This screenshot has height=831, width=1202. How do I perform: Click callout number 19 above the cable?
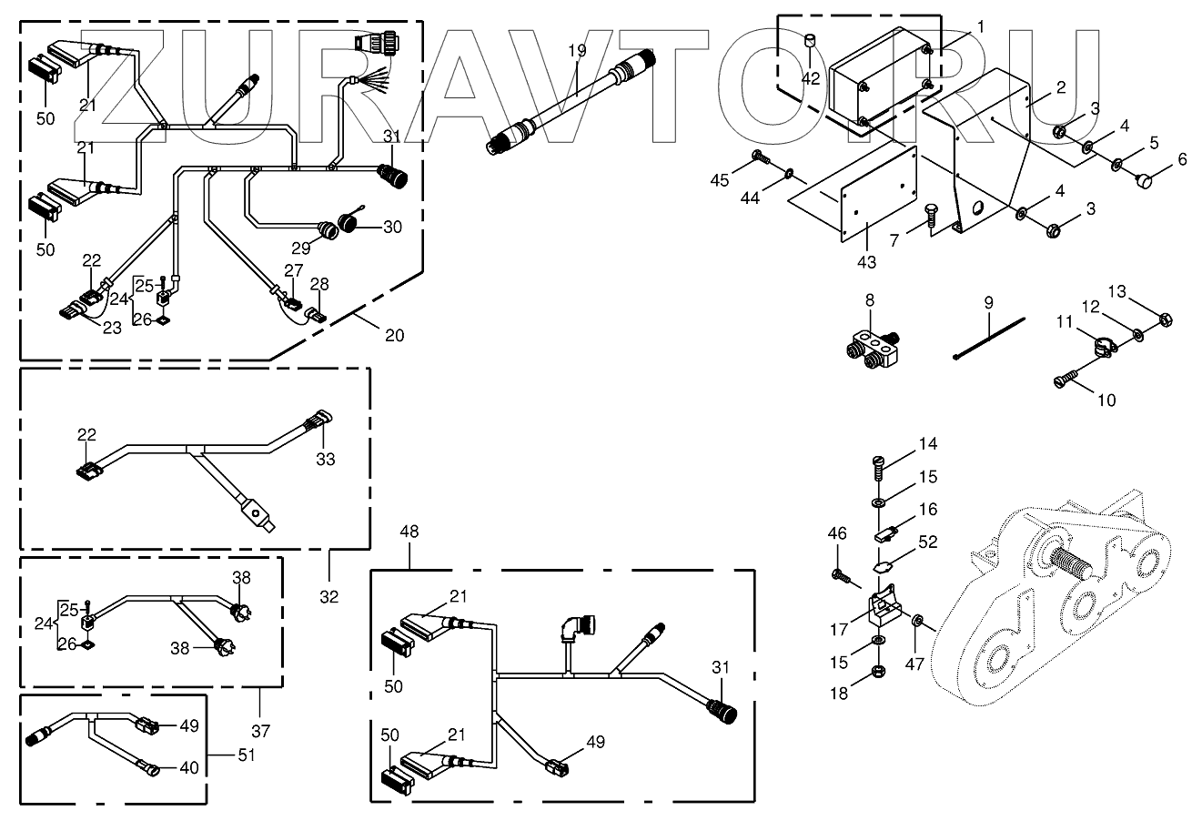click(577, 52)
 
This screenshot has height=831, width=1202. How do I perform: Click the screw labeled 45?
click(759, 160)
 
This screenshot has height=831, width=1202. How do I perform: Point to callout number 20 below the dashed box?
click(393, 335)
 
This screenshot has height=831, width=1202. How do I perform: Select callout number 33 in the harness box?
click(325, 460)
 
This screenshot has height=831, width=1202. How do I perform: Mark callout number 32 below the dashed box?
click(329, 597)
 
